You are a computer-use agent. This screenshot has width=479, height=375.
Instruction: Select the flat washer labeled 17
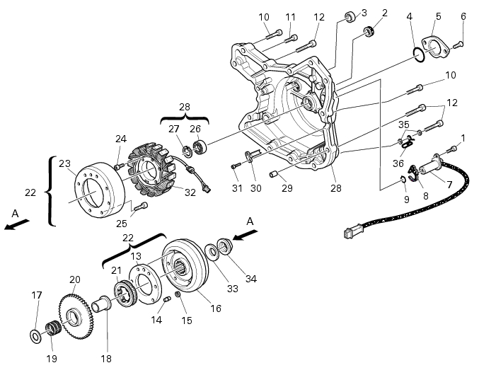[36, 336]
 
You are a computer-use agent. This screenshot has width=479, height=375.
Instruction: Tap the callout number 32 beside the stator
[190, 192]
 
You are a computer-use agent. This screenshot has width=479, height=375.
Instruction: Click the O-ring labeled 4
[419, 55]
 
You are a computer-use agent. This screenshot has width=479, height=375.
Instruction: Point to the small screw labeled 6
[458, 45]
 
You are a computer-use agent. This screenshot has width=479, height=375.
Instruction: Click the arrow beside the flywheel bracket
[17, 224]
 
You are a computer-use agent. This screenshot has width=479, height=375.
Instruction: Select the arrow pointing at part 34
[245, 234]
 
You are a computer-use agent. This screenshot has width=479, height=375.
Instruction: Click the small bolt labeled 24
[119, 166]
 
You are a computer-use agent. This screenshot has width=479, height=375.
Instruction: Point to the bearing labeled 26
[200, 146]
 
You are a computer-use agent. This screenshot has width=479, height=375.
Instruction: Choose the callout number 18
[106, 359]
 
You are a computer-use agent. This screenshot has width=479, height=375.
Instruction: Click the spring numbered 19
[54, 328]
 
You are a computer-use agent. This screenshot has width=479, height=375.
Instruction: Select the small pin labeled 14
[167, 299]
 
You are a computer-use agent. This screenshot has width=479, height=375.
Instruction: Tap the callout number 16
[216, 308]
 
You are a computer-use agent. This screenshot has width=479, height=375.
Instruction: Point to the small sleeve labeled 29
[273, 174]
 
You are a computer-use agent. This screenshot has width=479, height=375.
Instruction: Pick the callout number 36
[398, 163]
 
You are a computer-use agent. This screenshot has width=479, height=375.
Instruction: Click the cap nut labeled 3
[350, 16]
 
